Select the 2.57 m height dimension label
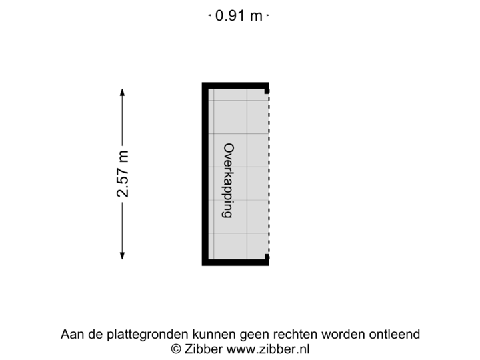123,173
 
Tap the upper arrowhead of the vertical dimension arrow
122,92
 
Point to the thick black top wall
236,85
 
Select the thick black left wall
205,173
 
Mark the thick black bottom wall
236,263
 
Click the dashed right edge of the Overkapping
270,173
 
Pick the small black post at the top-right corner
267,87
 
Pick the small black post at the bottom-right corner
267,259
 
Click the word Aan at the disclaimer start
71,334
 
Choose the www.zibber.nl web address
268,349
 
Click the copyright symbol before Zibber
177,349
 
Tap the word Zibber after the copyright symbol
205,349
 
